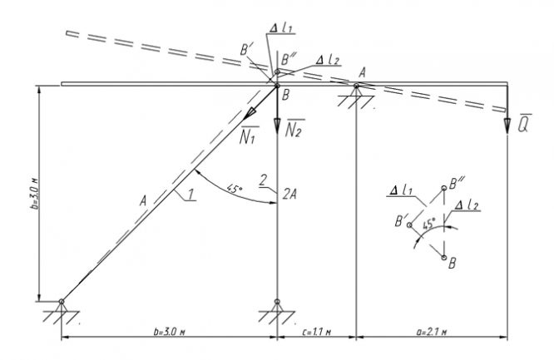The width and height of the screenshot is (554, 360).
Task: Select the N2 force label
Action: [x=295, y=130]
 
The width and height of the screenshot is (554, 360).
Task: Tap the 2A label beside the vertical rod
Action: [x=289, y=194]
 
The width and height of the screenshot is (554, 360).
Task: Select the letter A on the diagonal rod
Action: [x=143, y=200]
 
